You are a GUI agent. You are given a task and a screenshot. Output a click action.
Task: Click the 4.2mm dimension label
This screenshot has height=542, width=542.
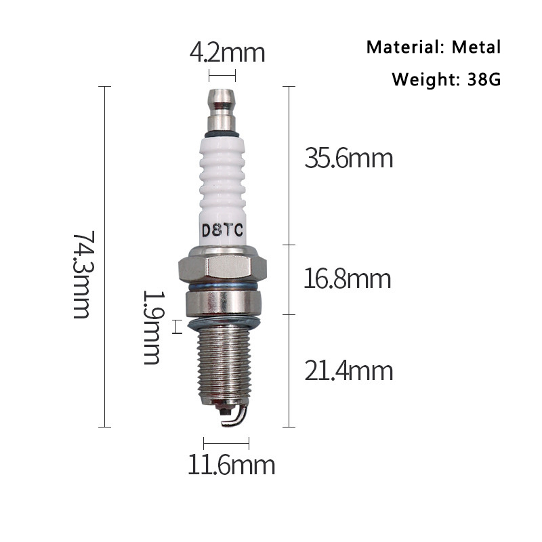tap(227, 53)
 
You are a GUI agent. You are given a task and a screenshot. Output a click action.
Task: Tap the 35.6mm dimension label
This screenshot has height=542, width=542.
tap(348, 159)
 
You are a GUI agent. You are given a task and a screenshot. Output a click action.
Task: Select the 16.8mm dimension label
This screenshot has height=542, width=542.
tap(348, 279)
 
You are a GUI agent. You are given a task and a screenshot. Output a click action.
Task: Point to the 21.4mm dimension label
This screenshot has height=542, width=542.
tap(348, 371)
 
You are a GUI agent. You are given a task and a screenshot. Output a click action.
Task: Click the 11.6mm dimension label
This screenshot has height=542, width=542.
tap(231, 465)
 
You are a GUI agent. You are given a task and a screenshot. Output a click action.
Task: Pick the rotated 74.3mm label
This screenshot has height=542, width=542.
tap(83, 275)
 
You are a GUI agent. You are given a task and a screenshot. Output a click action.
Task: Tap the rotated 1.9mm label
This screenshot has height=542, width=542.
tap(153, 327)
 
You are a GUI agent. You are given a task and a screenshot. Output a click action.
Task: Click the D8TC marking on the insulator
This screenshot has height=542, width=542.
tap(222, 230)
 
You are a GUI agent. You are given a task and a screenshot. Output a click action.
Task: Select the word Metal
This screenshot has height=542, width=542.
tap(476, 47)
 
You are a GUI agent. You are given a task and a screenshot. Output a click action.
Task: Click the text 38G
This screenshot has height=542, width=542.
tap(484, 79)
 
